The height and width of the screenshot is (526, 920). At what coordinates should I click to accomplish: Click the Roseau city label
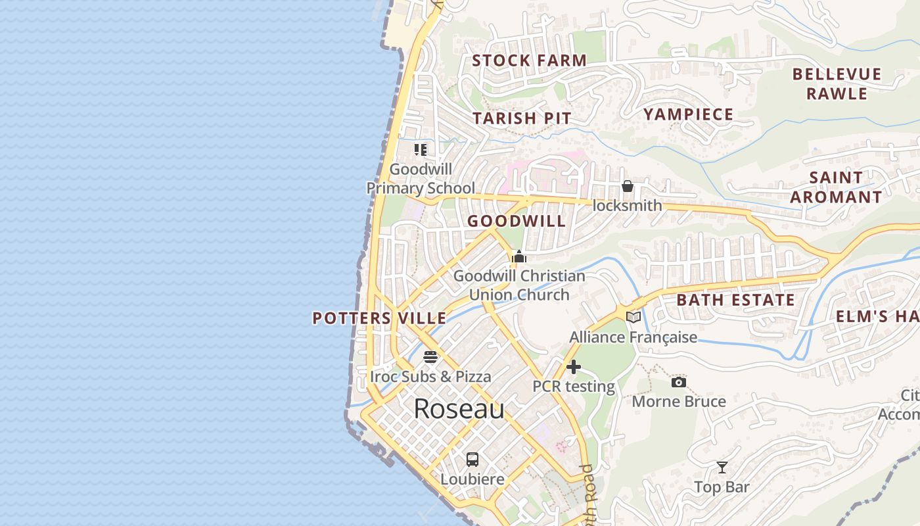459,409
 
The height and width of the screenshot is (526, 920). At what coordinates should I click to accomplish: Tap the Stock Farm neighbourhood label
529,60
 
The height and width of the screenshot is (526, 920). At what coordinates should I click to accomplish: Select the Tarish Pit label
522,118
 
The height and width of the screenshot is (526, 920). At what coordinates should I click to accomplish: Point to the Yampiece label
688,114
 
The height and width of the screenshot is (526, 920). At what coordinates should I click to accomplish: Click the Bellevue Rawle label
837,84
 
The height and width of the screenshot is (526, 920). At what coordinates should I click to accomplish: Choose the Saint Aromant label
836,187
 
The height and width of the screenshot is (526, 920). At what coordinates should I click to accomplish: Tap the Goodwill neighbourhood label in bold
516,221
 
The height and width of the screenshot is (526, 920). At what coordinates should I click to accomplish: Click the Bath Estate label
735,300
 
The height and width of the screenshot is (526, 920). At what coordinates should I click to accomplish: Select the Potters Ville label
379,318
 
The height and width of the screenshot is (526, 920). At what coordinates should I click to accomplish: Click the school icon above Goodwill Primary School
421,150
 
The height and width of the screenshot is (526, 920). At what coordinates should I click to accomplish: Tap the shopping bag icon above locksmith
628,186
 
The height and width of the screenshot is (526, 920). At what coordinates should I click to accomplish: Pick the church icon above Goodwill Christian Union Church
519,256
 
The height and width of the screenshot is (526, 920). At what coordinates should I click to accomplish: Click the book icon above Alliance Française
633,318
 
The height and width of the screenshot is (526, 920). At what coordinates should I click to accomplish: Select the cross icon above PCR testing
574,367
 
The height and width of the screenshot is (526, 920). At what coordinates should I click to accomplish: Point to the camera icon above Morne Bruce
679,382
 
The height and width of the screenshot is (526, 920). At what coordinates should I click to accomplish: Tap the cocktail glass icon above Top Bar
722,467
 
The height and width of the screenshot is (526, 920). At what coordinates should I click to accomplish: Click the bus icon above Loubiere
472,460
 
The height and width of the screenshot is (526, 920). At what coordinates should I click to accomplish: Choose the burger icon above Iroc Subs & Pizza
430,357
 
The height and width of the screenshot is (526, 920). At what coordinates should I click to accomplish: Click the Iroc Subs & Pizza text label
430,377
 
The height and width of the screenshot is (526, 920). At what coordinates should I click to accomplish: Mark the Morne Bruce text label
679,401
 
